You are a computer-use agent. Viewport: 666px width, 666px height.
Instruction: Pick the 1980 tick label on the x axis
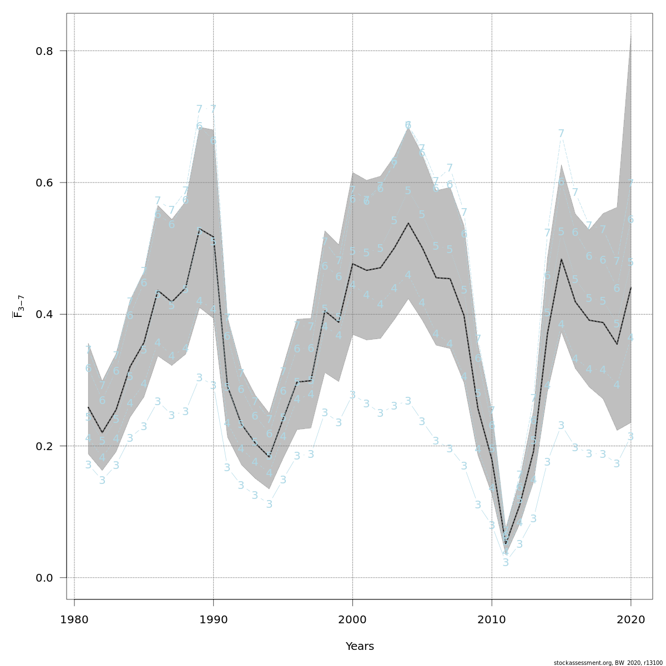(74, 619)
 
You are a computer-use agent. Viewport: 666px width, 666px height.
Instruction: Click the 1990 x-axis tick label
(214, 619)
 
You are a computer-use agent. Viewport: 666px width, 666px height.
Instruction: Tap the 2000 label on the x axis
(353, 619)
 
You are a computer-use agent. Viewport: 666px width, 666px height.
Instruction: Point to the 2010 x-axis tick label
(492, 619)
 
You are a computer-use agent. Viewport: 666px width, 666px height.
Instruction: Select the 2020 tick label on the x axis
(631, 619)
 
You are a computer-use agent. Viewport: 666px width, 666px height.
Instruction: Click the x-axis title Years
(360, 647)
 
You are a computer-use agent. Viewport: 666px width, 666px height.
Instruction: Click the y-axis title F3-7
(18, 306)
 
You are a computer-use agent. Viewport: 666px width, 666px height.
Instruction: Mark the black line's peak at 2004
(408, 223)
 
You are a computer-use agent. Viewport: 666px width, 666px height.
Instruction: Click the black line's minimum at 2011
(506, 543)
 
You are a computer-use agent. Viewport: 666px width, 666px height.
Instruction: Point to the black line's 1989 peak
(199, 228)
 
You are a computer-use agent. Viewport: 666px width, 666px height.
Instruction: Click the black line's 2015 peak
(561, 259)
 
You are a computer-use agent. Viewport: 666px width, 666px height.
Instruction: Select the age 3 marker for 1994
(269, 504)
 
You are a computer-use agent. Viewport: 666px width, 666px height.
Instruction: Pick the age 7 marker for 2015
(561, 134)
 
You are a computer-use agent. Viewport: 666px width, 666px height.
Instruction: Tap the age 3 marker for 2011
(506, 563)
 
